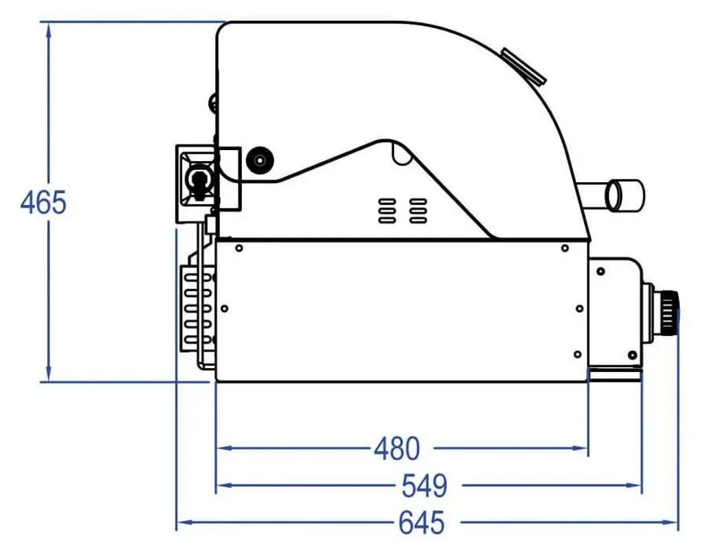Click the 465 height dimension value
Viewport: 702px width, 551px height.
click(43, 202)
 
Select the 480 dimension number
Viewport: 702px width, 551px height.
click(397, 448)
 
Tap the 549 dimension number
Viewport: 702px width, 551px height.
click(424, 486)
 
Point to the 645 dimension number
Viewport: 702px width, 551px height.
click(422, 522)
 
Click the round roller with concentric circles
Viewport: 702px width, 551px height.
click(260, 160)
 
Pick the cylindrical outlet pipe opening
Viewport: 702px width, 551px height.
click(625, 195)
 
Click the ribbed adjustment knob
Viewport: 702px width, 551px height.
click(669, 313)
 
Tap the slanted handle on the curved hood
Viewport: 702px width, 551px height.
click(523, 66)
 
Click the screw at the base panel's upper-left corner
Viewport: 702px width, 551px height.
click(239, 248)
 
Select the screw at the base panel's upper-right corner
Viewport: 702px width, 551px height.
click(565, 248)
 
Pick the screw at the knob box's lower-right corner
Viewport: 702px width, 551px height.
click(632, 355)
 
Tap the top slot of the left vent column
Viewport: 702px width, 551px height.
click(387, 201)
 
